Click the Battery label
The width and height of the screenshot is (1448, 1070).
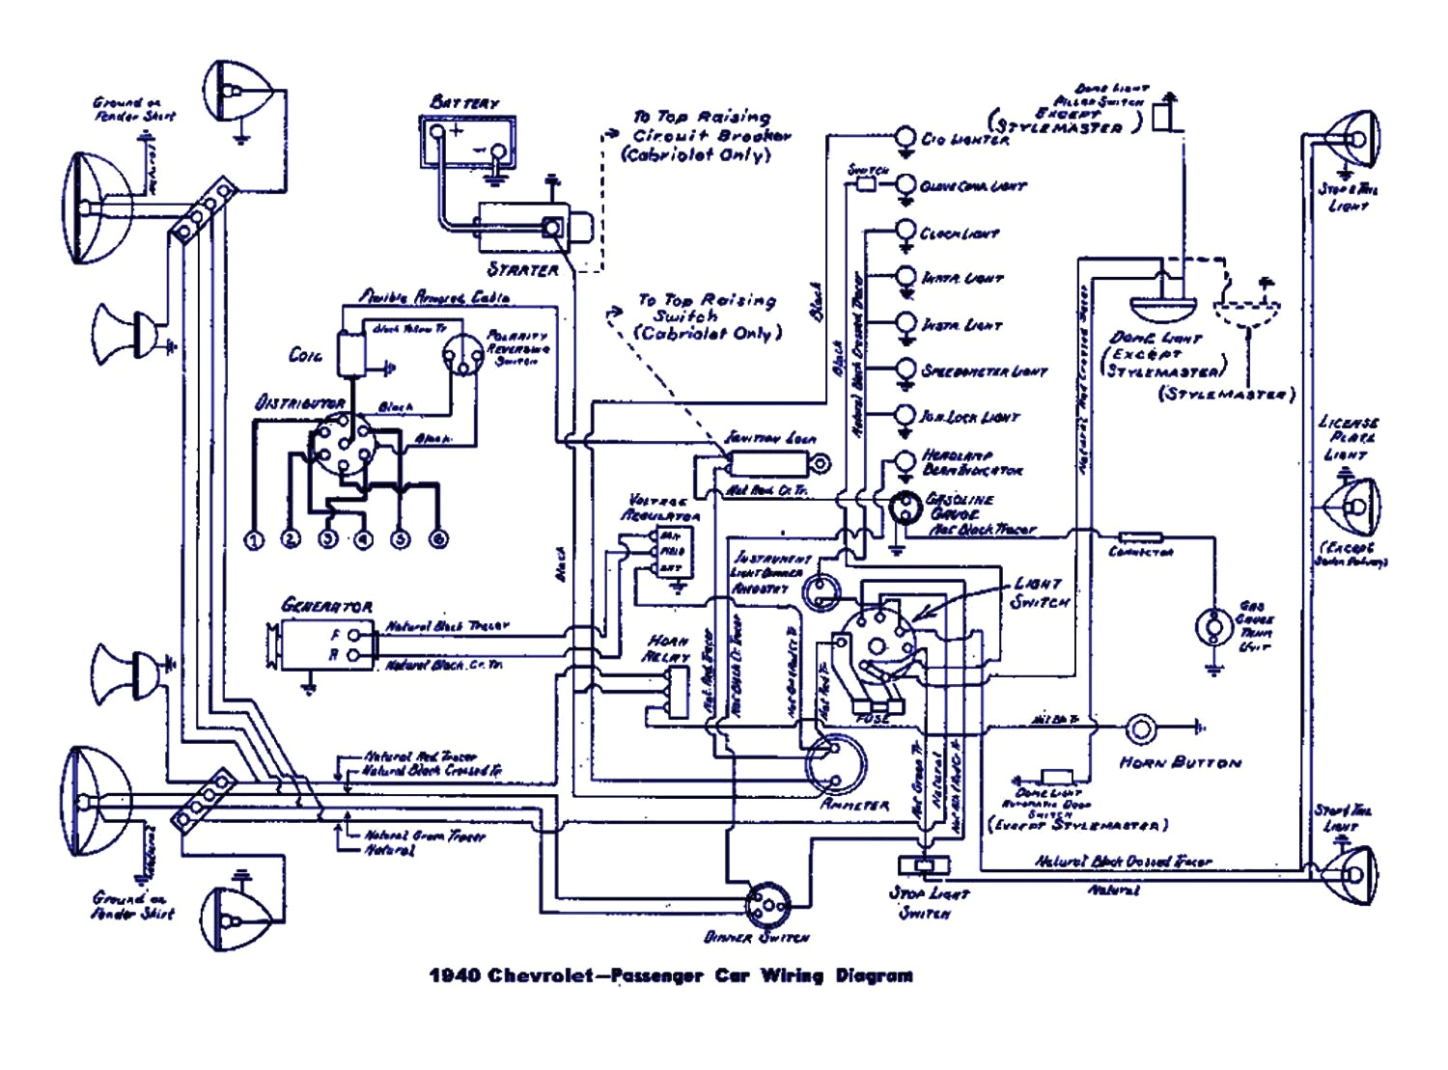(464, 101)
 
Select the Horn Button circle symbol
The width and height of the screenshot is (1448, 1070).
(1140, 728)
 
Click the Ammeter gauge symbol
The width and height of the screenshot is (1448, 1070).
(834, 762)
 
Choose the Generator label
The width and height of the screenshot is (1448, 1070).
(326, 606)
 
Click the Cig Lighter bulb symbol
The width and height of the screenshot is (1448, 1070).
(905, 137)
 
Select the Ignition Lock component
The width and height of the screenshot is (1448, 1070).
(772, 464)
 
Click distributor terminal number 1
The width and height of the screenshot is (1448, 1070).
(254, 539)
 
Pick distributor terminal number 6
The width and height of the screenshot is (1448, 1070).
(438, 539)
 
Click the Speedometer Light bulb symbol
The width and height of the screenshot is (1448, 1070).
(905, 370)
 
